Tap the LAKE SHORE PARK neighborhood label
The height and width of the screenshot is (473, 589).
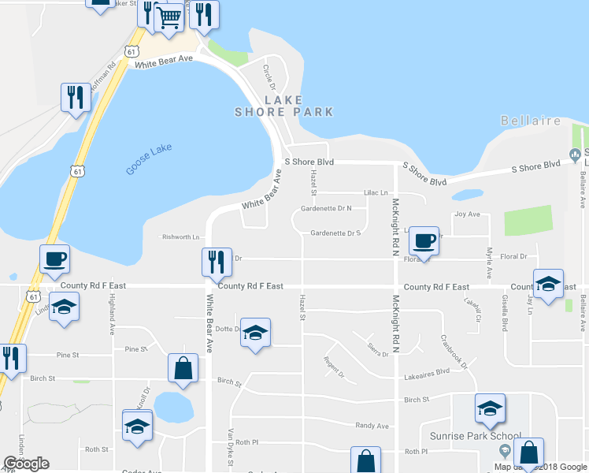point(283,106)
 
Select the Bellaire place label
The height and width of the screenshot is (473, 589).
point(531,121)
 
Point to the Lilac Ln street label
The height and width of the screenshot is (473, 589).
point(376,192)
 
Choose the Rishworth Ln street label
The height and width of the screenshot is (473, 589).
point(181,236)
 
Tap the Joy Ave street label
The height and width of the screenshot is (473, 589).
point(467,214)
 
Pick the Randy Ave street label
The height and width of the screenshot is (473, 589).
point(372,426)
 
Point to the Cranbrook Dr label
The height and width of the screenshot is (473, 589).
point(454,353)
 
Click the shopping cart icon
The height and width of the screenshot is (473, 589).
point(169,17)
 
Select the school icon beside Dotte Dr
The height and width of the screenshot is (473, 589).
point(255,333)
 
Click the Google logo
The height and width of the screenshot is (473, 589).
point(27,463)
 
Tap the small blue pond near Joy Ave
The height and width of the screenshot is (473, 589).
point(467,194)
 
